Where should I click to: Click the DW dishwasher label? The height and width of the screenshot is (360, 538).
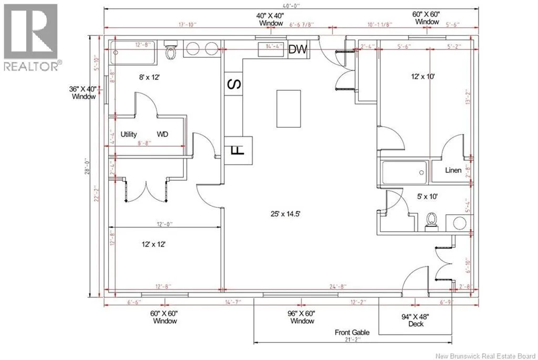[298, 49]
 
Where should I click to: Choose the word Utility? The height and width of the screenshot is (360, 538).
[129, 135]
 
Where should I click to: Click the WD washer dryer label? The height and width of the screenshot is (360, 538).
[162, 135]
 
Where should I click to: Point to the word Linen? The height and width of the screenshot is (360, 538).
[453, 170]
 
